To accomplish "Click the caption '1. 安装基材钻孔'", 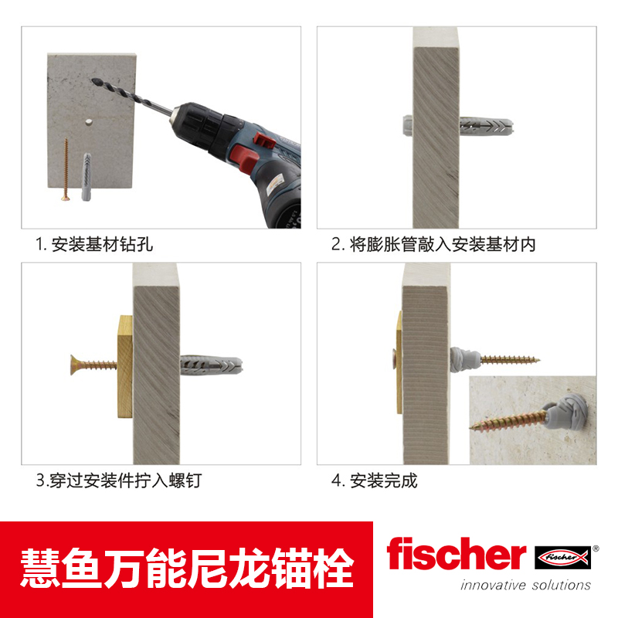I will pyautogui.click(x=94, y=245).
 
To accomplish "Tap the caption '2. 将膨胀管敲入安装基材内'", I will pyautogui.click(x=433, y=245).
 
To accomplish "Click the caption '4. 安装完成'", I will pyautogui.click(x=375, y=480).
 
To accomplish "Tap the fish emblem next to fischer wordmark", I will pyautogui.click(x=562, y=555).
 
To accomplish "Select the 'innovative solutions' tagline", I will pyautogui.click(x=525, y=585).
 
